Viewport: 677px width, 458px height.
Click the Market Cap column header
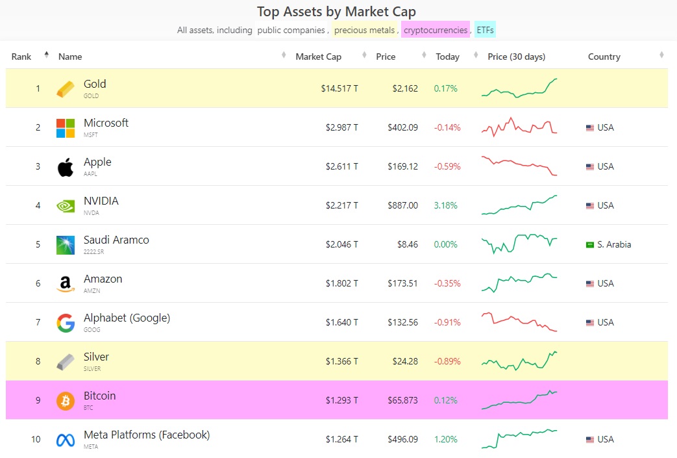tap(318, 57)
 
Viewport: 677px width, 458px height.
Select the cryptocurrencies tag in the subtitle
tap(435, 30)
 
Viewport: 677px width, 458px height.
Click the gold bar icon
tap(65, 89)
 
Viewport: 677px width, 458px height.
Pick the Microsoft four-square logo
tap(65, 128)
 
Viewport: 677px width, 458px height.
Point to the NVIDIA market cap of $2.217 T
tap(341, 205)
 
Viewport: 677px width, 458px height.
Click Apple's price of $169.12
tap(402, 166)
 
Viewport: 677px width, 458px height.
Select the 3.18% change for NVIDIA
tap(446, 205)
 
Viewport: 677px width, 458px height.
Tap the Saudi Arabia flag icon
tap(590, 245)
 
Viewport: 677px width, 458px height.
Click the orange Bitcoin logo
tap(65, 401)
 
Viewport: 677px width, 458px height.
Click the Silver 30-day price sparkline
tap(519, 361)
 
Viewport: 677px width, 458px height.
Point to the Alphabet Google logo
tap(65, 323)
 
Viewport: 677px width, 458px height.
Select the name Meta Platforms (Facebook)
tap(147, 435)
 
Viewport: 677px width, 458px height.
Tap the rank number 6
tap(38, 283)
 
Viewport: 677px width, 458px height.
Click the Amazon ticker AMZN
tap(92, 291)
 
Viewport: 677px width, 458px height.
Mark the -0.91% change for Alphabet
tap(447, 322)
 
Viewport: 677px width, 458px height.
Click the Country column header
tap(604, 57)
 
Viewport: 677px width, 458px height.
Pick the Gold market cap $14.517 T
tap(339, 88)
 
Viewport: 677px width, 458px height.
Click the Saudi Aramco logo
tap(65, 245)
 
